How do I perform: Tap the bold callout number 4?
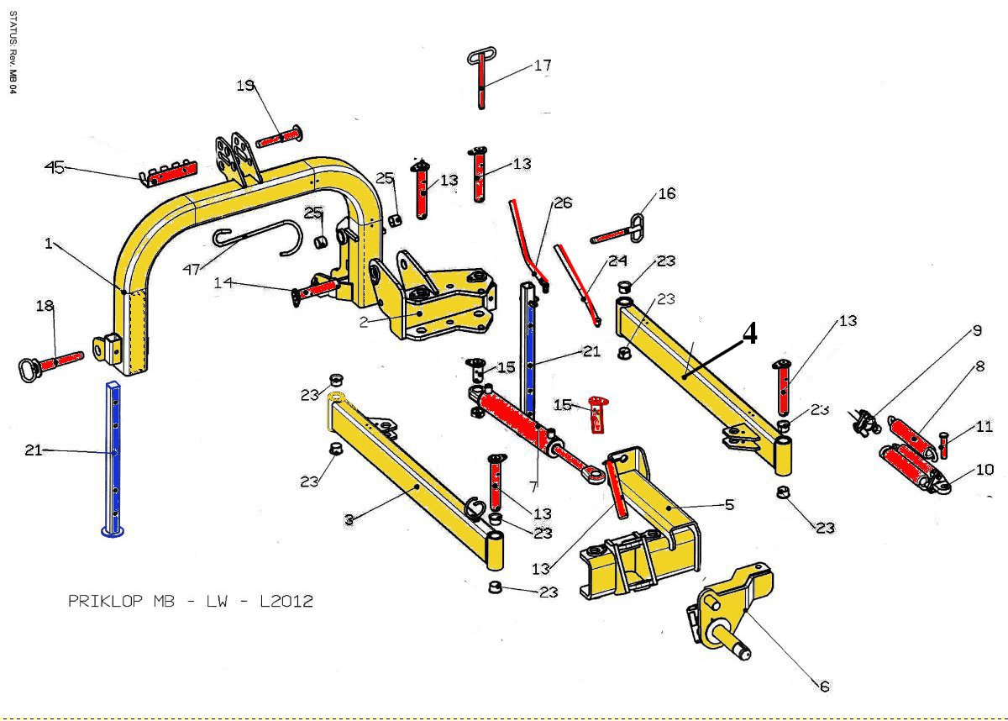749,334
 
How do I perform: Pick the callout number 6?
825,687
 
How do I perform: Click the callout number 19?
245,85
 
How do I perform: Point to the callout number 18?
45,307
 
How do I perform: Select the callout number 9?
977,331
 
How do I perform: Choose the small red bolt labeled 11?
943,444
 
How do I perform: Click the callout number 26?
562,203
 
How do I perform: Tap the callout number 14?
223,283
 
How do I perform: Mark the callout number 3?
348,520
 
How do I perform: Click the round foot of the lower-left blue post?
112,530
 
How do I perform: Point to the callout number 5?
729,504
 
